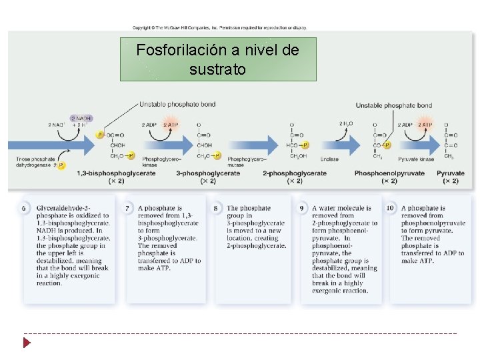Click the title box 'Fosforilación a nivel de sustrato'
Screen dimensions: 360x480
click(217, 59)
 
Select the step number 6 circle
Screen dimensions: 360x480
click(24, 209)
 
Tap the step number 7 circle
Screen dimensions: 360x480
click(128, 209)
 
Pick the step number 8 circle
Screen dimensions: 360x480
click(216, 209)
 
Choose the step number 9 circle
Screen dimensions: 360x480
click(302, 209)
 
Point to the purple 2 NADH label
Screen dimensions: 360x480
click(83, 119)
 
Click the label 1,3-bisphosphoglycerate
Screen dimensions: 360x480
click(116, 173)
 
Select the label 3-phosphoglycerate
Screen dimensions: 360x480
click(208, 173)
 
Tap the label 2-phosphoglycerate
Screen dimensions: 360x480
click(295, 173)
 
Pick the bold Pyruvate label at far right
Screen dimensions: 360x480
click(451, 173)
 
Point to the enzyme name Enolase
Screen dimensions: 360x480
click(329, 159)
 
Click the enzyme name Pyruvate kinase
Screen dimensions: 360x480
click(416, 159)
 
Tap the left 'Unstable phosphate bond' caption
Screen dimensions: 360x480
click(177, 104)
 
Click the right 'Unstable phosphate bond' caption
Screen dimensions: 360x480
click(393, 105)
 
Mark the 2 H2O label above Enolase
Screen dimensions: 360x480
click(347, 124)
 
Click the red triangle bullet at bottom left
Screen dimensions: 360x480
click(27, 343)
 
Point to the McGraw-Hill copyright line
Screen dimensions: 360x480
click(219, 28)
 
